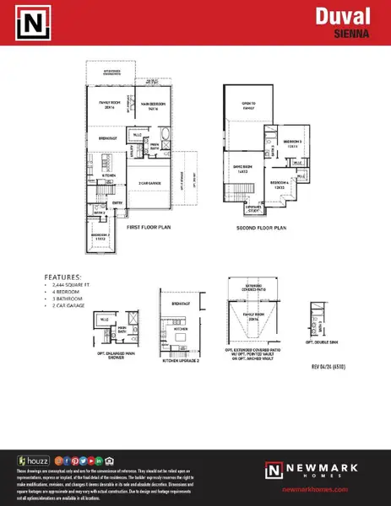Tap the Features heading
point(64,277)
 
